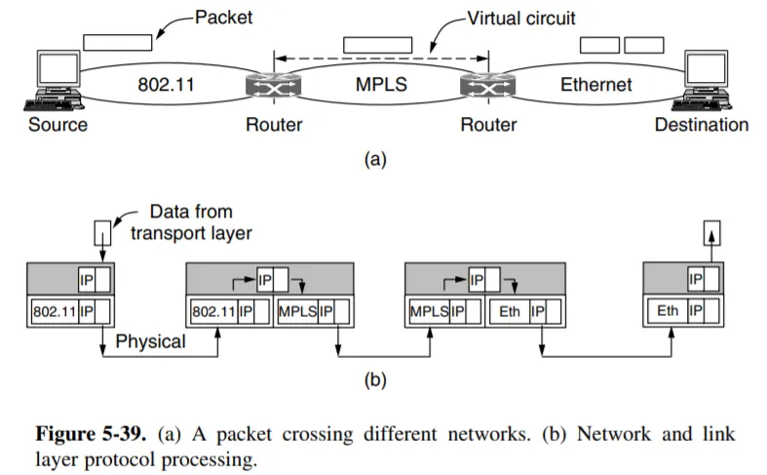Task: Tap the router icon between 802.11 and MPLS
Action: click(273, 87)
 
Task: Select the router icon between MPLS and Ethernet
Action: click(487, 87)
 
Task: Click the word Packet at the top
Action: click(224, 17)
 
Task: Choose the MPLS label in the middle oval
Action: click(381, 85)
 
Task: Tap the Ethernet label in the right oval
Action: click(596, 85)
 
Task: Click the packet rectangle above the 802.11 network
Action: click(117, 43)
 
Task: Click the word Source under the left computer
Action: click(58, 125)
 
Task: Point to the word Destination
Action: click(702, 125)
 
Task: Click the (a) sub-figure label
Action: click(375, 159)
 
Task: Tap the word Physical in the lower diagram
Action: click(149, 342)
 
